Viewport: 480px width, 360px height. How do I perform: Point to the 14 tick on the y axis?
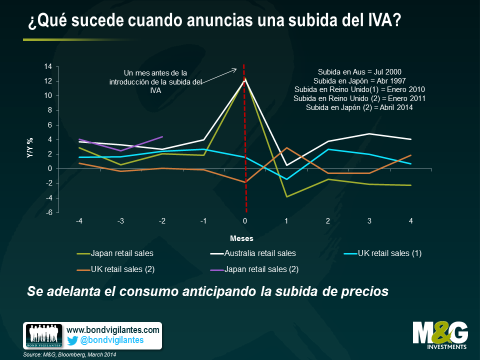tap(48, 66)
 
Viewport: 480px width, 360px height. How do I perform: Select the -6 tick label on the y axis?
tap(49, 212)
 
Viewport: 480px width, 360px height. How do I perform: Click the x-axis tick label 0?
tap(245, 220)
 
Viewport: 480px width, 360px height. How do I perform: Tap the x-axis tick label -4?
tap(79, 220)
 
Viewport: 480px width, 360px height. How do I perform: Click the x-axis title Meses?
tap(241, 238)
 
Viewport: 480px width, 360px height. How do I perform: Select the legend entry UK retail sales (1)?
tap(389, 253)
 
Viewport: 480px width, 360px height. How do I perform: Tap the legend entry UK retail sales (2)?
tap(122, 269)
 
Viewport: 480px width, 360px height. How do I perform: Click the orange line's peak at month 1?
tap(286, 147)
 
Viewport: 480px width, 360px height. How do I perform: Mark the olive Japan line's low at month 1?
tap(286, 196)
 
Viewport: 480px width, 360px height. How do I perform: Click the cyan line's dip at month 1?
tap(286, 179)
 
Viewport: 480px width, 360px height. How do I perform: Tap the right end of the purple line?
tap(162, 136)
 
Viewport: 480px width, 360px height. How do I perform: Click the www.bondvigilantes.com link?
tap(113, 330)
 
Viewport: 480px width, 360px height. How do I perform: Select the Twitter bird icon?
tap(72, 340)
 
